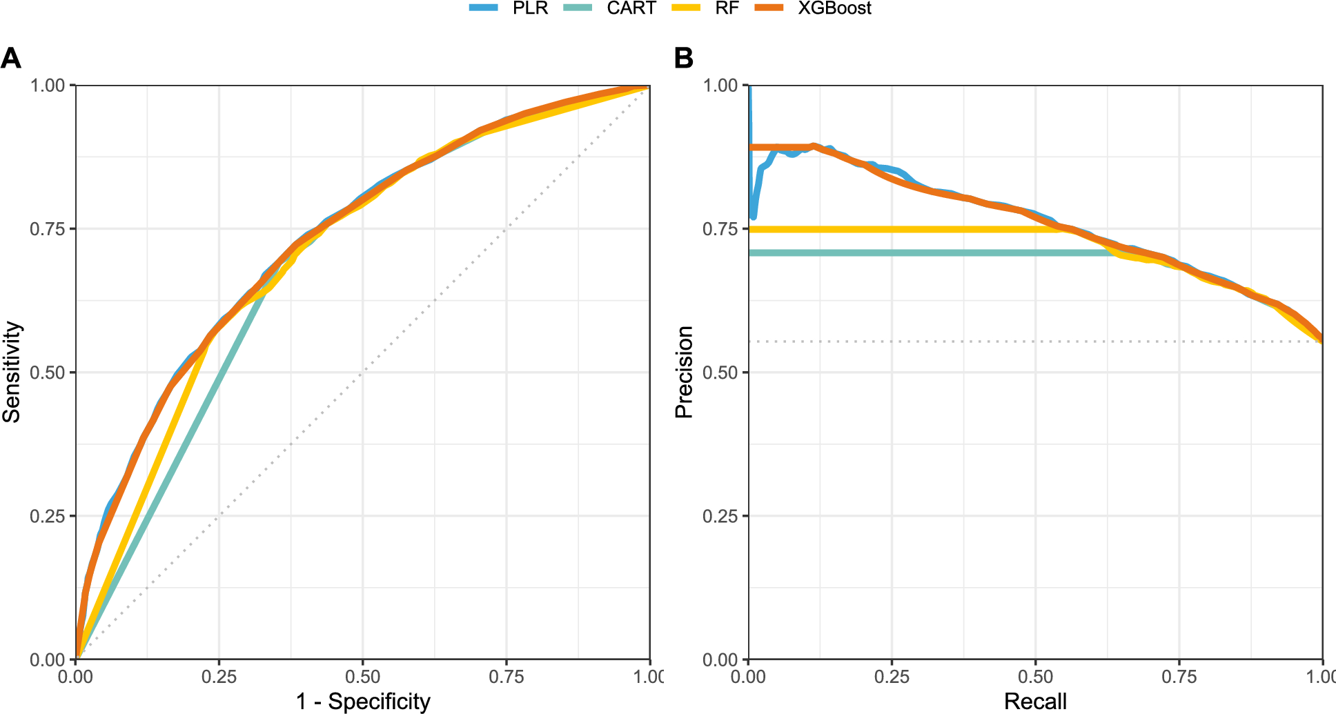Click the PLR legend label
point(529,8)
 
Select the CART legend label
point(631,8)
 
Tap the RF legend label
point(727,8)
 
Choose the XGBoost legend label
point(834,8)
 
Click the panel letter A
point(11,59)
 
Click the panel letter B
point(683,59)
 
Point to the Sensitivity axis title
point(12,373)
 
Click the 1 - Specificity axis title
point(363,702)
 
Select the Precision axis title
point(684,373)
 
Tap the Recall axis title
point(1035,702)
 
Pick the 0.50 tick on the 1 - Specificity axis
point(362,676)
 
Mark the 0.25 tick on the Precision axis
point(721,516)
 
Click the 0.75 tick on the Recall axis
point(1179,676)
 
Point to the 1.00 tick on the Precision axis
point(721,86)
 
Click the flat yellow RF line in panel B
point(897,229)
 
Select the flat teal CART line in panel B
point(897,253)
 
